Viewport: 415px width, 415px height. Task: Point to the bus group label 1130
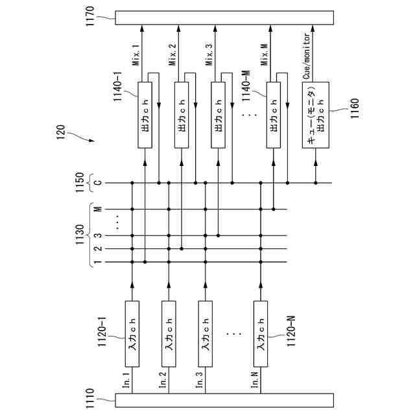(79, 235)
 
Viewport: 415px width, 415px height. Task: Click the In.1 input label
(126, 377)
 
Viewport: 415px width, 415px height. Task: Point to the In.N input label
(255, 377)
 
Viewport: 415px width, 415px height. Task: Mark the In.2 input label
(163, 377)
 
